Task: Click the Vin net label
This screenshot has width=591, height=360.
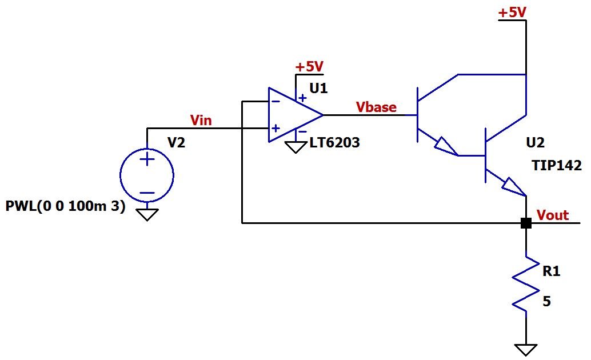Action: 201,120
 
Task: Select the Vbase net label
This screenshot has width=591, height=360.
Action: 376,107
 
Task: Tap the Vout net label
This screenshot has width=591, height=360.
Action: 553,215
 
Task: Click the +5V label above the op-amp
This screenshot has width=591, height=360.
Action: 309,67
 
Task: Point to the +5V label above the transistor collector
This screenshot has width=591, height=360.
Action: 512,13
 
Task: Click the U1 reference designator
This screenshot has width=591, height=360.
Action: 318,88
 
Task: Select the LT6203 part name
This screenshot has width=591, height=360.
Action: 335,142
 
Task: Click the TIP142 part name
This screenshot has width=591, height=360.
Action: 557,165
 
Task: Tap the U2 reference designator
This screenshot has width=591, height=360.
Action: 535,142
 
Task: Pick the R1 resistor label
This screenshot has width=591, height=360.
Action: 551,271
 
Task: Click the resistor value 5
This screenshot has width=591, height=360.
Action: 546,301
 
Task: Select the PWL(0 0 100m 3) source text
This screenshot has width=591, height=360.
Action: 65,206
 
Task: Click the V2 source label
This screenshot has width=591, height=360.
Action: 176,142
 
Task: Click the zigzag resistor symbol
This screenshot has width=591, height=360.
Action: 525,284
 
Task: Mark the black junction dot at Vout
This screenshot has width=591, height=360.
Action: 526,223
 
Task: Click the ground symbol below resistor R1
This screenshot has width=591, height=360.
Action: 526,350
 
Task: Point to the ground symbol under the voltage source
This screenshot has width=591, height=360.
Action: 147,215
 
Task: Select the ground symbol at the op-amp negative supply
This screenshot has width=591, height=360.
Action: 295,147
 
